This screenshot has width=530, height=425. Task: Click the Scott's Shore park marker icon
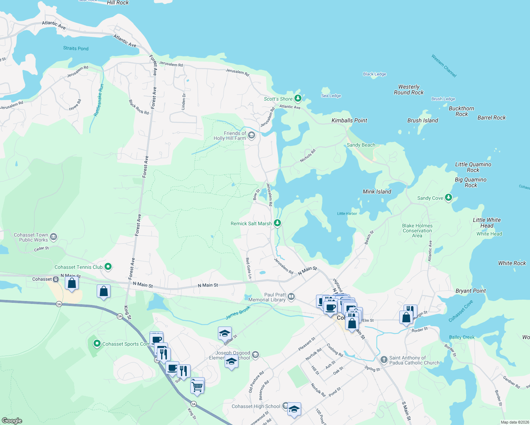tap(298, 98)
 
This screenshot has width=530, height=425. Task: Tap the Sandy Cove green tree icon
tap(449, 197)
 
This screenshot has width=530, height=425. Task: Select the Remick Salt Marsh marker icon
tap(277, 223)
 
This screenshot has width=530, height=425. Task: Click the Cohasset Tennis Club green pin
tap(108, 267)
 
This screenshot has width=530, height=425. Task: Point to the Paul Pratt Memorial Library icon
tap(291, 296)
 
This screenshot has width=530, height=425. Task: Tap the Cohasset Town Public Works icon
tap(53, 237)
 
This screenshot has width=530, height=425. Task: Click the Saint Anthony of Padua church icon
tap(384, 360)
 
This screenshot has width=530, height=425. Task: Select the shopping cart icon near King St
tap(197, 386)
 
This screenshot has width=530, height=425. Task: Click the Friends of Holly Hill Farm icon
tap(252, 135)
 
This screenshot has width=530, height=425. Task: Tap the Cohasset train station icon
tap(56, 279)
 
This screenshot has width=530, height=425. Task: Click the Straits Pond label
tap(76, 49)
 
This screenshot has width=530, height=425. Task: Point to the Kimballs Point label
tap(349, 120)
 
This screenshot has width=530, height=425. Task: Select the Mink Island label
tap(377, 192)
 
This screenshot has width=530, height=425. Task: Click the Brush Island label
tap(422, 120)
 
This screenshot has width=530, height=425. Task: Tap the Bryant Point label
tap(470, 291)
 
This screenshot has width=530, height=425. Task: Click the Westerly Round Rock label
tap(408, 90)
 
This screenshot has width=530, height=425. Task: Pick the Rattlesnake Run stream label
tap(99, 100)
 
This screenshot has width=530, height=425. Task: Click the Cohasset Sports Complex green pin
tap(97, 343)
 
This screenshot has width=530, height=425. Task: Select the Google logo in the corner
tap(12, 420)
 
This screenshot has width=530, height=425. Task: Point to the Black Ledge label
tap(374, 74)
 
